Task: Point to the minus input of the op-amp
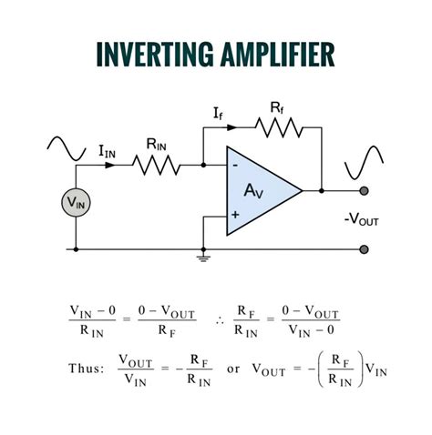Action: click(236, 167)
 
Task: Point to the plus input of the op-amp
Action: click(236, 216)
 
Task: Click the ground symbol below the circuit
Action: click(201, 258)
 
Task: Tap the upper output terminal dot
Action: click(365, 191)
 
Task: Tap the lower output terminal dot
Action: click(365, 248)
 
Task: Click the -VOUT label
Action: click(363, 219)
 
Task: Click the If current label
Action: click(218, 114)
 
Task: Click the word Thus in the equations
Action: click(86, 369)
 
